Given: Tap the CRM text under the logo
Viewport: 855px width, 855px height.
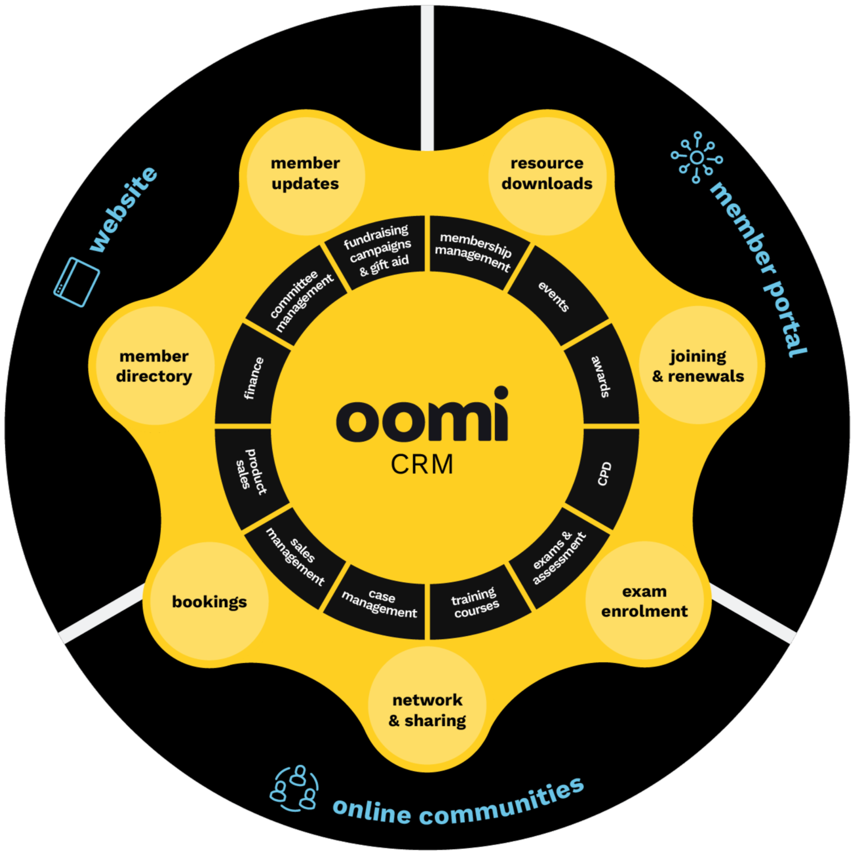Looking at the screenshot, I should coord(422,465).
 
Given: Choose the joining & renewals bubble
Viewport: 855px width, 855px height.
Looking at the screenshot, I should coord(698,366).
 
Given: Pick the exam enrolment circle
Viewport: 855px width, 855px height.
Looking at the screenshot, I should coord(644,601).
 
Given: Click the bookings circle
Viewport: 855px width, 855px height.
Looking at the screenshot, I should coord(209,601).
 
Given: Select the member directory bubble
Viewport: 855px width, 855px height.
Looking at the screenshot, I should coord(154,366).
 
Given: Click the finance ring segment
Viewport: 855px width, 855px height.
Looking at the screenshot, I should coord(253,378).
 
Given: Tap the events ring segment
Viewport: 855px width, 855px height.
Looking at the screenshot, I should coord(553,296).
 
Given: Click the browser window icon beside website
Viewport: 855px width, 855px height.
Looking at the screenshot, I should coord(77,282).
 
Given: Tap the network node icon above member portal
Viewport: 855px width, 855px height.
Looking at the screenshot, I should coord(696,157).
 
